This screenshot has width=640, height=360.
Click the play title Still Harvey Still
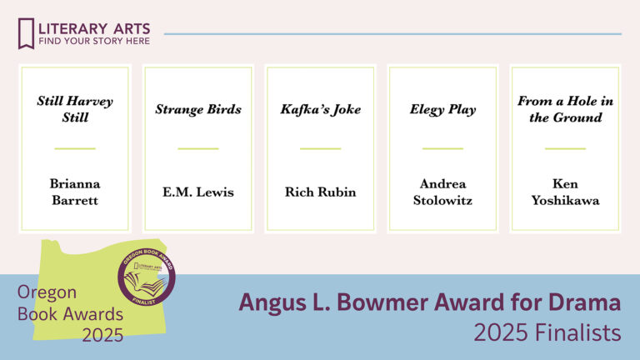pos(75,109)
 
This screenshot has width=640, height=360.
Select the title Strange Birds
pos(198,109)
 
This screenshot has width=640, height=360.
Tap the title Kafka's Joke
pos(321,109)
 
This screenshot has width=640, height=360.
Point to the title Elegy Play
pos(442,109)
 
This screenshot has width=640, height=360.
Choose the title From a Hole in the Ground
pos(565,109)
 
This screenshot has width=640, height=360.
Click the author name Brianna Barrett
pos(75,192)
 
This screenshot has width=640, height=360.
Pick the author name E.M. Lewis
pos(198,192)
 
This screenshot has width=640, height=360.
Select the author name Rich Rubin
pos(321,192)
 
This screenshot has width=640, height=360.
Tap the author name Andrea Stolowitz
pos(442,192)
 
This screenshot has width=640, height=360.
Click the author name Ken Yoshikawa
pos(565,192)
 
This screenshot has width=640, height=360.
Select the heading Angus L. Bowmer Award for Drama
pos(429,302)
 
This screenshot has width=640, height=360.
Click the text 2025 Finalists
pos(547,332)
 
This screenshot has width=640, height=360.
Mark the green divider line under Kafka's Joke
pos(321,148)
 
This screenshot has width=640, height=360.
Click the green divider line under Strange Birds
pos(198,148)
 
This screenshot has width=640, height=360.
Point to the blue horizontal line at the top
pos(392,34)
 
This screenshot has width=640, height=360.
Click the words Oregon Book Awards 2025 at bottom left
pos(70,313)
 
